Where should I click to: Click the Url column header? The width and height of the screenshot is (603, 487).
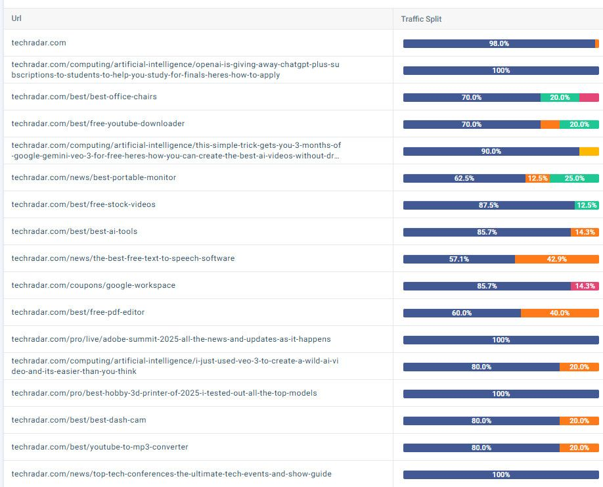[x=16, y=18]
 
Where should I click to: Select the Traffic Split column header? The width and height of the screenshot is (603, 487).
[x=421, y=19]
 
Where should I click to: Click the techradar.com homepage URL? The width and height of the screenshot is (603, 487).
[x=39, y=43]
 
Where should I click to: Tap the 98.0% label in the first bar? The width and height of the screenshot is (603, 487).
[x=499, y=43]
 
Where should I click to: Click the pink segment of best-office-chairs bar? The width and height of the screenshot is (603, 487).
[x=589, y=97]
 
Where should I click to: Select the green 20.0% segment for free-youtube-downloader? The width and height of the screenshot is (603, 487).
[x=579, y=124]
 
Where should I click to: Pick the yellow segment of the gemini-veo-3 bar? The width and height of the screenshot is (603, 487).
[x=589, y=151]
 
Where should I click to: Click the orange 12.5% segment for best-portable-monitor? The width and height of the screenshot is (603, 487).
[x=537, y=178]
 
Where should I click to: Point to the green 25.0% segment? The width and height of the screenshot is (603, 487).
[x=574, y=178]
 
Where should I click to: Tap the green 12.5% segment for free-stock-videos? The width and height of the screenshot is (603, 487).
[x=587, y=205]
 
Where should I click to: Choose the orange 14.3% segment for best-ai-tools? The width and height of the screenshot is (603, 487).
[x=585, y=232]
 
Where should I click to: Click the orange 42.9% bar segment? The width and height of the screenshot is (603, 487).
[x=556, y=259]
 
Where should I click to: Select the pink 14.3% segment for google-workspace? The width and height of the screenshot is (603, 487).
[x=585, y=286]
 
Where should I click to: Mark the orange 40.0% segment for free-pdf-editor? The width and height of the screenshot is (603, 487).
[x=560, y=313]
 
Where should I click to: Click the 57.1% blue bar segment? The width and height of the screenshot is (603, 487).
[x=458, y=259]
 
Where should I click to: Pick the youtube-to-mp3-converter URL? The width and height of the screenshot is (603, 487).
[x=100, y=447]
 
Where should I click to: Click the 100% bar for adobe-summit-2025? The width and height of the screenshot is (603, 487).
[x=501, y=340]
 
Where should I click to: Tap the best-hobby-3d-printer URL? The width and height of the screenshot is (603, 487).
[x=164, y=393]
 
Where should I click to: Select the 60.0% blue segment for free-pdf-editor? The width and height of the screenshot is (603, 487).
[x=462, y=313]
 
